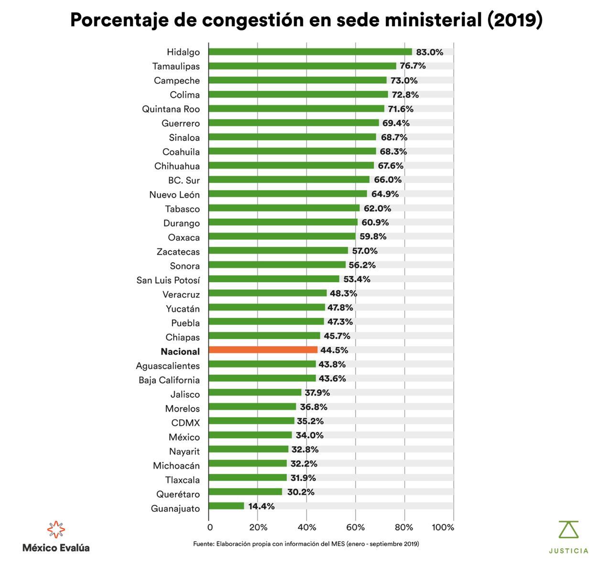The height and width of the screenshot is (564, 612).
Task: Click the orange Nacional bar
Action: click(263, 350)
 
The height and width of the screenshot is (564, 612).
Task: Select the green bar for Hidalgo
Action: click(310, 52)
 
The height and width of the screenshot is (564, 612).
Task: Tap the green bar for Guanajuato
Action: click(226, 506)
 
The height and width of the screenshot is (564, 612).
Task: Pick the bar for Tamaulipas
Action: click(302, 66)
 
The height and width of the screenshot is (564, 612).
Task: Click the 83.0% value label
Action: click(429, 52)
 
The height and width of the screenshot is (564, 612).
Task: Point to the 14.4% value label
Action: click(262, 506)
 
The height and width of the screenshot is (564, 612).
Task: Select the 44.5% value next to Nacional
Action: click(334, 350)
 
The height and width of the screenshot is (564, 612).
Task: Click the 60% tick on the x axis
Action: click(355, 528)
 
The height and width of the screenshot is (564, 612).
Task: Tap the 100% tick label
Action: click(443, 528)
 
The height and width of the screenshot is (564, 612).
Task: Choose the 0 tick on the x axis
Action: click(210, 528)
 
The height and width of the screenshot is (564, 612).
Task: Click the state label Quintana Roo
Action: click(171, 109)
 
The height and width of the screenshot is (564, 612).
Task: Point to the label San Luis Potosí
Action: click(168, 280)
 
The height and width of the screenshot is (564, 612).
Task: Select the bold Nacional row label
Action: click(180, 351)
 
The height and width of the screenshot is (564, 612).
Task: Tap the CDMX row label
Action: click(186, 423)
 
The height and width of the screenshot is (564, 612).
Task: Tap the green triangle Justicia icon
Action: click(568, 530)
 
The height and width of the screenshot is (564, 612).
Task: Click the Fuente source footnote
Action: click(306, 543)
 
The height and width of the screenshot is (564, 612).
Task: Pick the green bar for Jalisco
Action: click(255, 393)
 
